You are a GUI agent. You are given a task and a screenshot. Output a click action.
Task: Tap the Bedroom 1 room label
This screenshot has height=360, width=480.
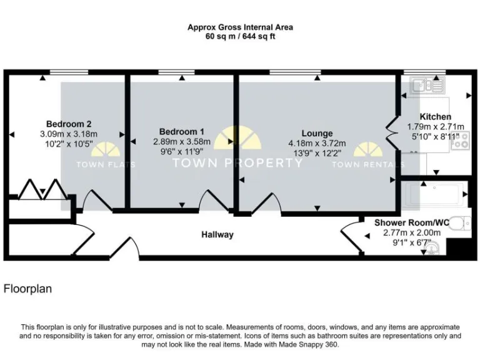click(181, 132)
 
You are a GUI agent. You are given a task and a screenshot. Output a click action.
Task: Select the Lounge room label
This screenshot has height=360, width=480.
click(317, 133)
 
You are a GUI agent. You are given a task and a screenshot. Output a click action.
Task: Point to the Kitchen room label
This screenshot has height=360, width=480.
click(435, 116)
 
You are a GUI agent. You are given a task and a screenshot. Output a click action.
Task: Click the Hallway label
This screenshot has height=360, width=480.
click(217, 234)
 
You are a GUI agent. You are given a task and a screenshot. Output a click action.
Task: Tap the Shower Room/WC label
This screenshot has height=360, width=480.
click(411, 222)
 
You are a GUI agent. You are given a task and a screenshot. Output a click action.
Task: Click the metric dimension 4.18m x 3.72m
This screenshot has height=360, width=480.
click(317, 143)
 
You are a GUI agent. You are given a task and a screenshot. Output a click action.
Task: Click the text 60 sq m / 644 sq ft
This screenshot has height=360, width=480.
click(240, 37)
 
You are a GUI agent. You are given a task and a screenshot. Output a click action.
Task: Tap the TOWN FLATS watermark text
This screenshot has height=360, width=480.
click(106, 165)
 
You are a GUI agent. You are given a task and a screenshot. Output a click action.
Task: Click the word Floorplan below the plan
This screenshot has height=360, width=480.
click(27, 289)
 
